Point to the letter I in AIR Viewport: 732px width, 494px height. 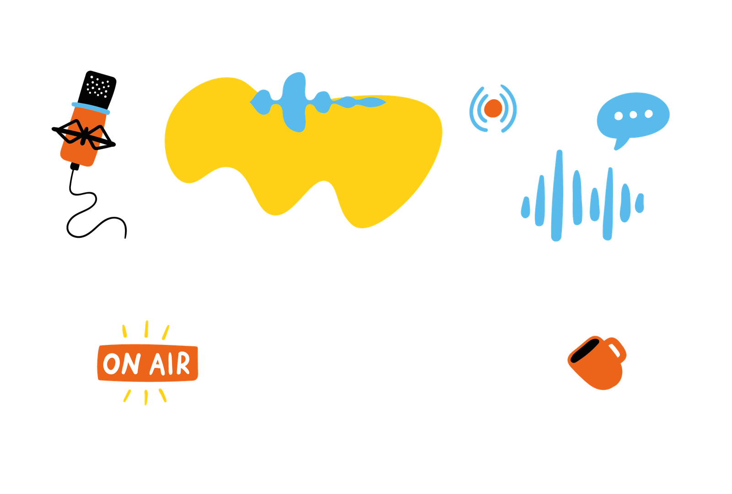[169, 364]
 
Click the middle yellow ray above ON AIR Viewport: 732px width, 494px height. [146, 329]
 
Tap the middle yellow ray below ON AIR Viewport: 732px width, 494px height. [146, 397]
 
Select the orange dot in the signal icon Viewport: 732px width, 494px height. [493, 108]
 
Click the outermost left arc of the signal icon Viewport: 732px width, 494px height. [472, 109]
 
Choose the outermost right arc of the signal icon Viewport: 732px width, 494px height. [514, 109]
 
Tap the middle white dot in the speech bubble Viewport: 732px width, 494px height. [633, 115]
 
